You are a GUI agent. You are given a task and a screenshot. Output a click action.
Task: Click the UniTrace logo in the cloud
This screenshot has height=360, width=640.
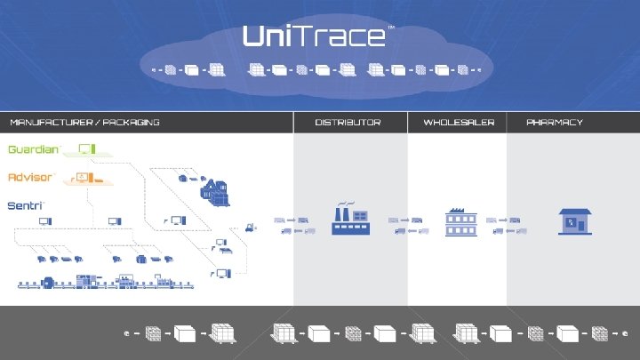click(314, 36)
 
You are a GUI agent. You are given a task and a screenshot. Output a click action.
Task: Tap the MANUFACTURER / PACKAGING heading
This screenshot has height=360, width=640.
click(84, 122)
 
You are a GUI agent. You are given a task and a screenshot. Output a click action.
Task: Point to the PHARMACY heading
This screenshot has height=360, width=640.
click(555, 122)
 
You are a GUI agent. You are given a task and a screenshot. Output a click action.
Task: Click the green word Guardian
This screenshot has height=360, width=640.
click(34, 149)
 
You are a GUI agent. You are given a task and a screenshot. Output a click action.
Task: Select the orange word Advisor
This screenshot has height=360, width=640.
click(30, 178)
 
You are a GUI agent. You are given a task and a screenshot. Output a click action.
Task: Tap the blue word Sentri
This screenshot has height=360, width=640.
click(25, 205)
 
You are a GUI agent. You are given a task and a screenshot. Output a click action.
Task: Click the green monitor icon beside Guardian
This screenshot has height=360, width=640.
click(86, 148)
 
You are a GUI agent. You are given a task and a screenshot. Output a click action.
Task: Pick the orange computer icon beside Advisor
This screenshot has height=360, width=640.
click(85, 178)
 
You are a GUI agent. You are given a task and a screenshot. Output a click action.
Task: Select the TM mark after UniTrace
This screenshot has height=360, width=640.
click(391, 28)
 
